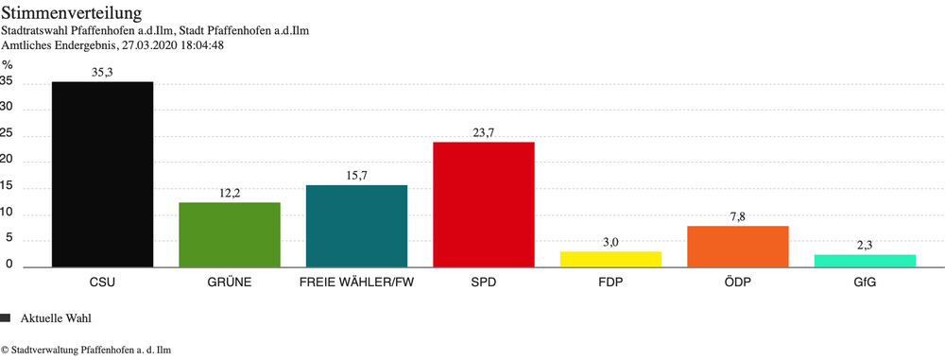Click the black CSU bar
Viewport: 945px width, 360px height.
pyautogui.click(x=102, y=174)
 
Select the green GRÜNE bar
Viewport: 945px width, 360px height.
pyautogui.click(x=230, y=234)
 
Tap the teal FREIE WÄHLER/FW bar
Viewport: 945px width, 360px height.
pyautogui.click(x=356, y=225)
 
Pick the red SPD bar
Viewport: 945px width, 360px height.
pyautogui.click(x=483, y=204)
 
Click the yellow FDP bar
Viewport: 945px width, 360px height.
pyautogui.click(x=610, y=258)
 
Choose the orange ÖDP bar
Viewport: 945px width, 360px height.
pyautogui.click(x=737, y=246)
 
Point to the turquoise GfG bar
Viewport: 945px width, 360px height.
pyautogui.click(x=865, y=260)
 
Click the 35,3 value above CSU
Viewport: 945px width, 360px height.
pyautogui.click(x=102, y=72)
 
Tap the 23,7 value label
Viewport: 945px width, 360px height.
pyautogui.click(x=483, y=132)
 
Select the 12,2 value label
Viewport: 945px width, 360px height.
pyautogui.click(x=230, y=193)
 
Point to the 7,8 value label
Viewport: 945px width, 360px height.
pyautogui.click(x=737, y=216)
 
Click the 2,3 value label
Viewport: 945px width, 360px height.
pyautogui.click(x=865, y=245)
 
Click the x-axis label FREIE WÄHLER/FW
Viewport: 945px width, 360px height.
pyautogui.click(x=356, y=283)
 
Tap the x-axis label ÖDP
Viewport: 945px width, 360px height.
pyautogui.click(x=737, y=283)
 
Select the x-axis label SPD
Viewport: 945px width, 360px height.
pyautogui.click(x=483, y=283)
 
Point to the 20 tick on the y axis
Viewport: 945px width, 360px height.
pyautogui.click(x=7, y=161)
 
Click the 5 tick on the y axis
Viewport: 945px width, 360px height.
pyautogui.click(x=9, y=239)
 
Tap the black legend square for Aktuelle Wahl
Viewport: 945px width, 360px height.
pyautogui.click(x=6, y=317)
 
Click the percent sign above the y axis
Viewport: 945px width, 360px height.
pyautogui.click(x=8, y=64)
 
